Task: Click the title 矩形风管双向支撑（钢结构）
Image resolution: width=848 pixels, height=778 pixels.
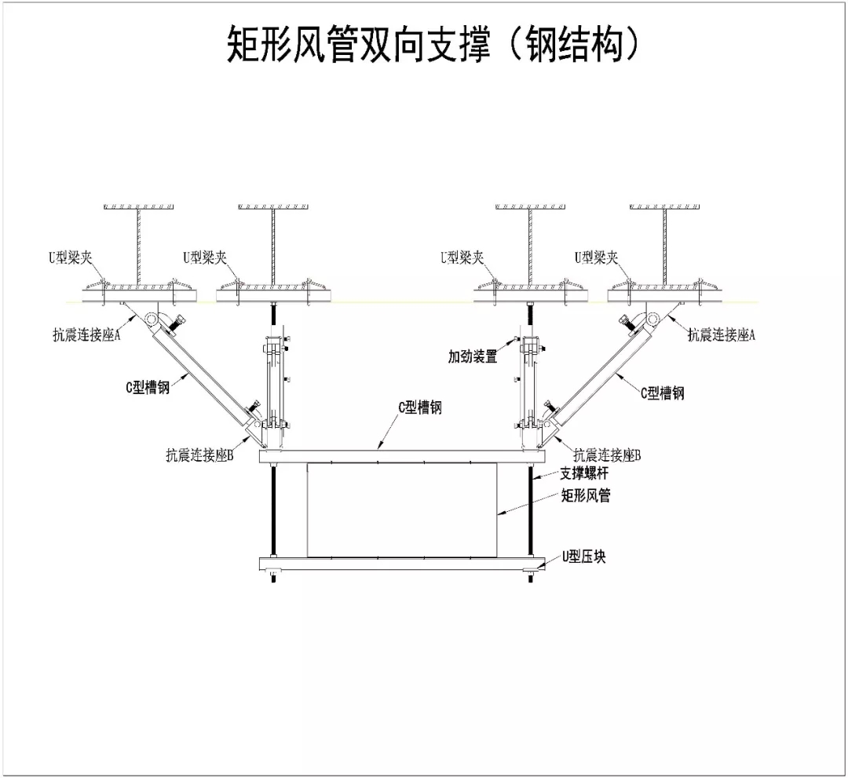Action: point(433,42)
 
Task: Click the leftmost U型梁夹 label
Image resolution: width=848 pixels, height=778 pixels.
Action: point(70,258)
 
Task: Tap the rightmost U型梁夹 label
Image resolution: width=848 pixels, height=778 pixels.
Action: point(596,258)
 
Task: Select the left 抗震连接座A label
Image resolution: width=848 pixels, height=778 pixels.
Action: point(86,334)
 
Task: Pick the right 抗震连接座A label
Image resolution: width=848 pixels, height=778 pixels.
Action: point(721,334)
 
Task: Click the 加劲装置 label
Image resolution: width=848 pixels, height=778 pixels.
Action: point(472,356)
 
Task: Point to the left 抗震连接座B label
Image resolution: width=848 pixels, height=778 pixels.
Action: point(199,455)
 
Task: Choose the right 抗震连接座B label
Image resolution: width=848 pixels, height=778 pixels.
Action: point(607,455)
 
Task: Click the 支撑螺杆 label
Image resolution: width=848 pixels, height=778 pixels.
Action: point(583,473)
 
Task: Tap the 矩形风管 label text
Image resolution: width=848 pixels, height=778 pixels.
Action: point(586,495)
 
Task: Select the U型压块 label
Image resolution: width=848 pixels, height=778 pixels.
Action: point(583,557)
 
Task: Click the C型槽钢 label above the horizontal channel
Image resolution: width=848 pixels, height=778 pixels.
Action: point(419,407)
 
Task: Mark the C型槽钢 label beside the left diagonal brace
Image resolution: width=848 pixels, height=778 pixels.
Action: point(148,386)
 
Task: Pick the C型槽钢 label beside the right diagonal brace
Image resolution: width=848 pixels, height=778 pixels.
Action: point(662,393)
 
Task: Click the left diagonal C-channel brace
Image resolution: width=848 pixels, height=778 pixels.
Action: point(201,373)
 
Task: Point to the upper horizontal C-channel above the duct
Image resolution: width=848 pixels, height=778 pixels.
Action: point(402,457)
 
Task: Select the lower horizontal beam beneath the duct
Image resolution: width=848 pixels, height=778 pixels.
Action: point(402,564)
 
